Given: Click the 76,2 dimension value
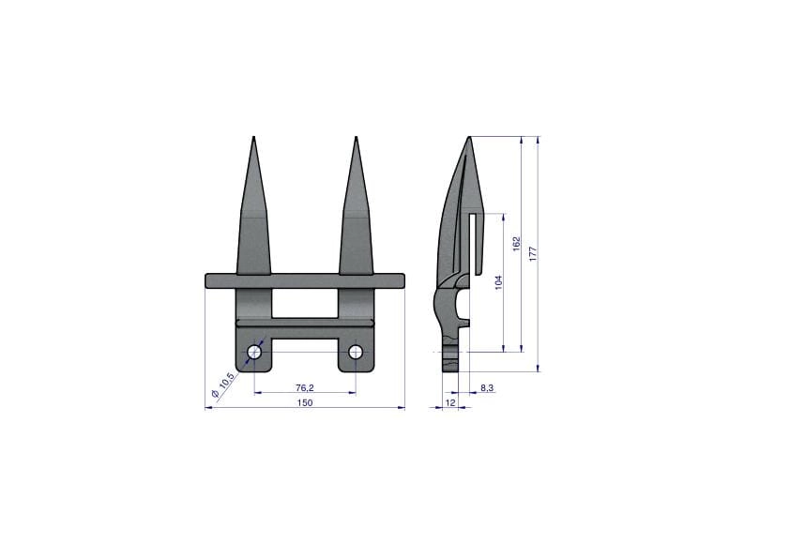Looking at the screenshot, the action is (x=305, y=387).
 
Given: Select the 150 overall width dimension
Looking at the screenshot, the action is (x=305, y=402).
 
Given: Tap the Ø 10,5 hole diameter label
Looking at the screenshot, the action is (x=222, y=385).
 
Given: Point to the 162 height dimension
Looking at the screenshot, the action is (x=516, y=244).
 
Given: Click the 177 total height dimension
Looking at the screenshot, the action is (x=534, y=253).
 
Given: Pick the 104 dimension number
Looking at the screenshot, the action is (x=499, y=283).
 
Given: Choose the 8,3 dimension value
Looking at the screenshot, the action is (x=487, y=387).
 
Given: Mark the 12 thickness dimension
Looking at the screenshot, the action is (x=450, y=402).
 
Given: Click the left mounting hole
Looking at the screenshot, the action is (x=255, y=352).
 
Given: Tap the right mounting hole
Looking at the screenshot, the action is (x=356, y=352).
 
